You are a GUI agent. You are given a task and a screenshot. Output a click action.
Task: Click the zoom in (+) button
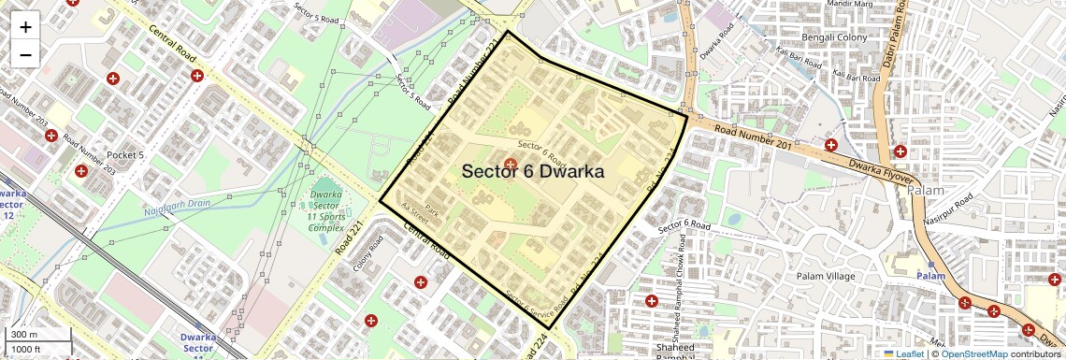coord(25,27)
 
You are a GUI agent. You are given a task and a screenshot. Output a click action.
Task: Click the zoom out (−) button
coord(25,54)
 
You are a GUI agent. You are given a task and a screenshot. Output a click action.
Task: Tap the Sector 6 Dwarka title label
coord(533,172)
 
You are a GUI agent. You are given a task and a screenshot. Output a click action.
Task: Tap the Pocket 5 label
coord(125,154)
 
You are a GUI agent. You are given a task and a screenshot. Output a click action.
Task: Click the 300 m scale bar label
coord(24,335)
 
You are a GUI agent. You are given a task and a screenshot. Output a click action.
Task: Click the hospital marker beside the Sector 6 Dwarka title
coord(511,165)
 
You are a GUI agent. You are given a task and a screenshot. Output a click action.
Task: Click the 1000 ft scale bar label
coord(28,349)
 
